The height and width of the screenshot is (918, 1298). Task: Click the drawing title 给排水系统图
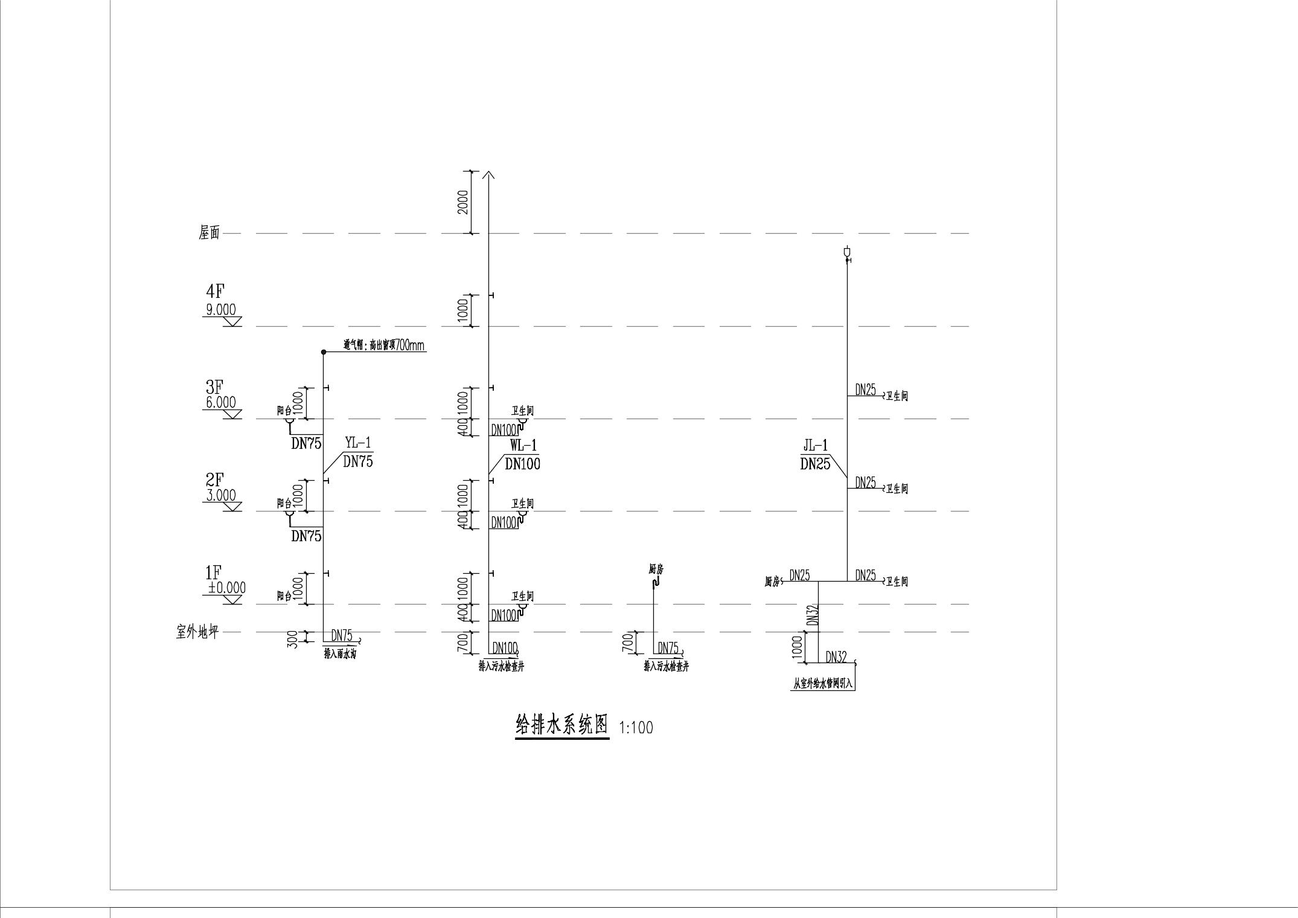click(561, 725)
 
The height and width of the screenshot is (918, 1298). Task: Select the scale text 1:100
click(636, 728)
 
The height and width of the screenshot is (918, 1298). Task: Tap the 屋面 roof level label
click(209, 233)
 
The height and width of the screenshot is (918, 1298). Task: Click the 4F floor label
click(215, 292)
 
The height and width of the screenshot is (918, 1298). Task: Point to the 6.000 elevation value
click(221, 402)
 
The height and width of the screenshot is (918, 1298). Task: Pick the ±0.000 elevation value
click(226, 588)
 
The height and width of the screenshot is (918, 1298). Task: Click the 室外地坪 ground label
click(197, 632)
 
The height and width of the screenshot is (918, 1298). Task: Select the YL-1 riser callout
click(358, 443)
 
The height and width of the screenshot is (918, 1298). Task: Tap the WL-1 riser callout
click(523, 446)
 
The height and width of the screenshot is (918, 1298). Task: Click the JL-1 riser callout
click(815, 446)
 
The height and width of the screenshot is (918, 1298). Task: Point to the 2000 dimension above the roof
click(463, 202)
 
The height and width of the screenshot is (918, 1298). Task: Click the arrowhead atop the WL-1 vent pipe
click(488, 175)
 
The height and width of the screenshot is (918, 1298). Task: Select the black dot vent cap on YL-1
click(324, 351)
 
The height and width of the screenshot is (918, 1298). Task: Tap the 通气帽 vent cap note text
click(385, 345)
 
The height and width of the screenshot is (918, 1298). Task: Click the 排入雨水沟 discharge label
click(340, 654)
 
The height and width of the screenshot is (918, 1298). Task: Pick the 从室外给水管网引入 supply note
click(822, 685)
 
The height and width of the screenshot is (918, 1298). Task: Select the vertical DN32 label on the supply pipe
click(811, 615)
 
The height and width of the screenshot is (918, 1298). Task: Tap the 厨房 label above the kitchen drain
click(656, 569)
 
